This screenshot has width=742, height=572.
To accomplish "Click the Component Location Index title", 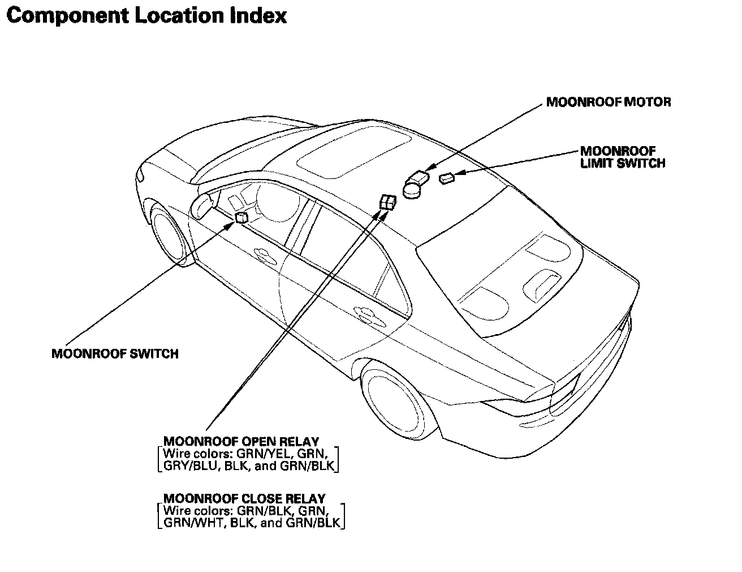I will (x=146, y=15).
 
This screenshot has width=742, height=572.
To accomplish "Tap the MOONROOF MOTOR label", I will (x=609, y=103).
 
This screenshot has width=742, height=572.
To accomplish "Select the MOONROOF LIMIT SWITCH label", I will (x=622, y=157).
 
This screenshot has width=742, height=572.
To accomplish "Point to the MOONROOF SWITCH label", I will (x=115, y=354).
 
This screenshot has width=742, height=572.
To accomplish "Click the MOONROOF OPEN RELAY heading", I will (x=241, y=441).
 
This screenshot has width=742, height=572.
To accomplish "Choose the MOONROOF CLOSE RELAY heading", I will (x=244, y=498).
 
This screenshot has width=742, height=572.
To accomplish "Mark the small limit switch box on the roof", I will (x=447, y=178).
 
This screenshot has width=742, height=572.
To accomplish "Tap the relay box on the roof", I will (x=388, y=202).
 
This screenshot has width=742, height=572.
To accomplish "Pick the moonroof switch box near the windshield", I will (x=241, y=217).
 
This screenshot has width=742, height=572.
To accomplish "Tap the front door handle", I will (x=264, y=254).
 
